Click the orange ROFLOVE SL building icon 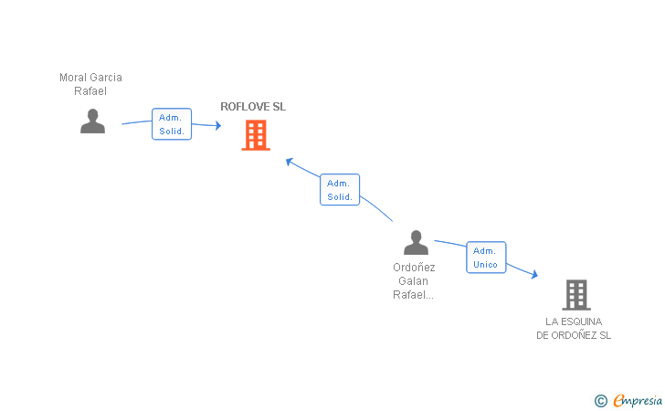click(256, 135)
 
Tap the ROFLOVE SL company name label click(253, 107)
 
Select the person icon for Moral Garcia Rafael click(92, 121)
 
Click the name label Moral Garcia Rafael click(90, 84)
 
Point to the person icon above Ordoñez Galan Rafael click(416, 243)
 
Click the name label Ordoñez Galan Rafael click(414, 280)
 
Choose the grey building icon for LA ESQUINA click(575, 295)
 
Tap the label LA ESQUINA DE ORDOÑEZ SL click(574, 328)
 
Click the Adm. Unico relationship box click(485, 258)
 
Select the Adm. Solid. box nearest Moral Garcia click(171, 124)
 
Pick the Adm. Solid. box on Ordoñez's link click(340, 190)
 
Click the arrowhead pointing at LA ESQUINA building click(534, 274)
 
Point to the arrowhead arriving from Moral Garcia click(217, 126)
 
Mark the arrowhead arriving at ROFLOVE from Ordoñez click(289, 162)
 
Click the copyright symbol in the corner click(600, 400)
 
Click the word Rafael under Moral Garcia click(90, 91)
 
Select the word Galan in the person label click(414, 281)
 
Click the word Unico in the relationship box click(485, 265)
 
